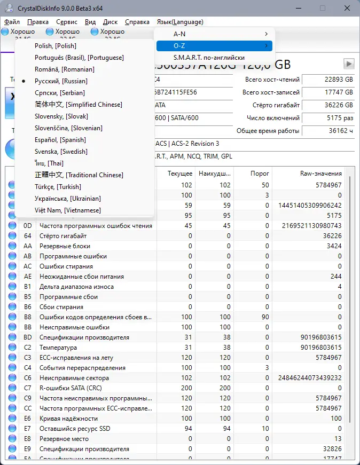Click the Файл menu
[12, 22]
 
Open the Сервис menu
[67, 22]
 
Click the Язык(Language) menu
[180, 22]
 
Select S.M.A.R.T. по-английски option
[209, 58]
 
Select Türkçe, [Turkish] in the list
[58, 187]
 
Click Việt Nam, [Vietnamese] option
[67, 210]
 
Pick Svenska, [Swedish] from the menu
[61, 152]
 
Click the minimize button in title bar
[298, 8]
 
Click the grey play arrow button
[349, 64]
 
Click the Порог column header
[260, 174]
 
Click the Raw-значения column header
[321, 174]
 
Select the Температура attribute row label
[59, 348]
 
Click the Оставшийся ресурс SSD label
[75, 429]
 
